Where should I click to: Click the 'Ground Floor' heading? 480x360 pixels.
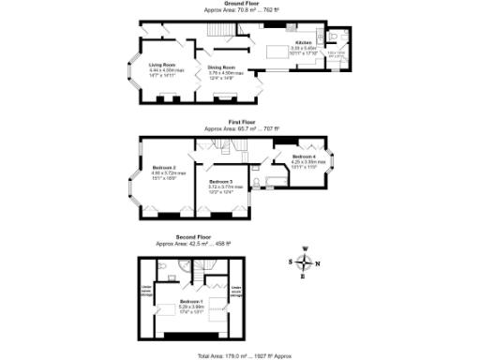pyautogui.click(x=241, y=4)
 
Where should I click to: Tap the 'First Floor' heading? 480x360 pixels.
pyautogui.click(x=241, y=122)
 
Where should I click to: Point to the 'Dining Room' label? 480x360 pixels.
pyautogui.click(x=221, y=67)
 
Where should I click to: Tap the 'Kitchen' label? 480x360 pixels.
pyautogui.click(x=304, y=43)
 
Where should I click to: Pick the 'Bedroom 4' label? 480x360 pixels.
pyautogui.click(x=304, y=157)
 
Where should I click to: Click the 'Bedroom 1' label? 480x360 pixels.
pyautogui.click(x=192, y=302)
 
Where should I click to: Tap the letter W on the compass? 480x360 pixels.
pyautogui.click(x=305, y=249)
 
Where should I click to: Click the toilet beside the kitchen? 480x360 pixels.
pyautogui.click(x=337, y=38)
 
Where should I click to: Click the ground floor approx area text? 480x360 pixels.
pyautogui.click(x=241, y=10)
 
